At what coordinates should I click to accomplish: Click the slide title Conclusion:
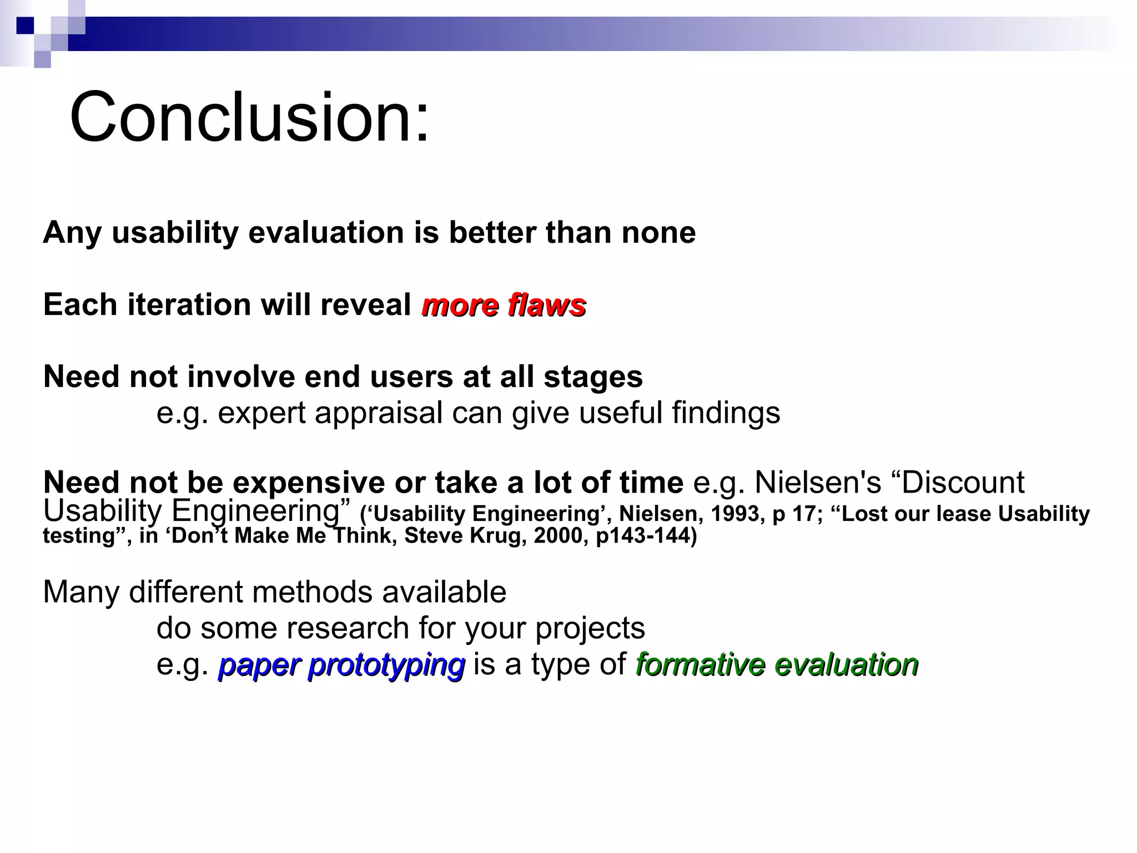[249, 118]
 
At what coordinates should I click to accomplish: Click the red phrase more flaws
[504, 305]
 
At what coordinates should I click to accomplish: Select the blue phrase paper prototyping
[341, 664]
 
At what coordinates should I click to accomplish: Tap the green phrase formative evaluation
[777, 664]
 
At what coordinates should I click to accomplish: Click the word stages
[593, 377]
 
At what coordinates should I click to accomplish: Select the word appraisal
[378, 413]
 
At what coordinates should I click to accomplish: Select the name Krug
[497, 536]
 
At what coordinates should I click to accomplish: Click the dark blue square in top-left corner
[25, 26]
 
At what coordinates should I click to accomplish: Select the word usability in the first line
[175, 232]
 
